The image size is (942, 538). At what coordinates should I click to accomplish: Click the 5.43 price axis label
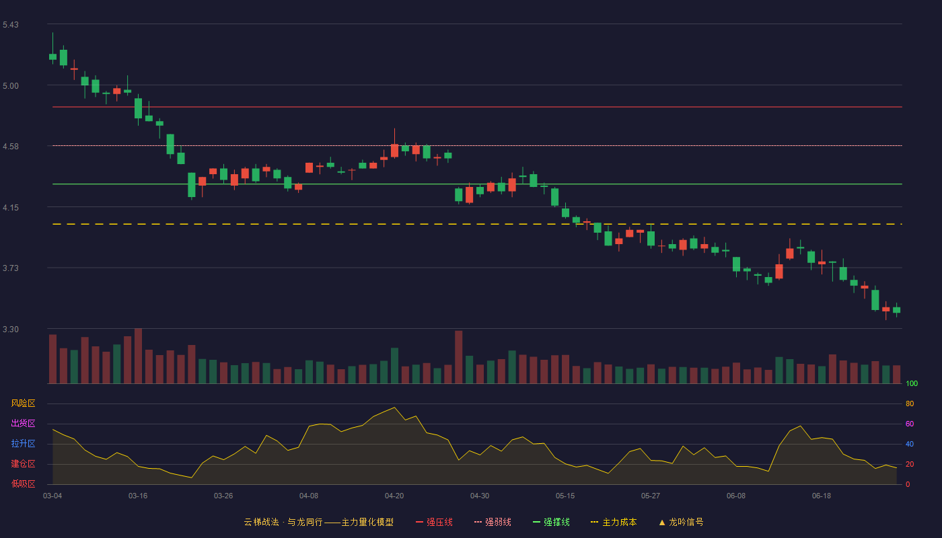(11, 25)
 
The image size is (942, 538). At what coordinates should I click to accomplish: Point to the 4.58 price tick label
(11, 147)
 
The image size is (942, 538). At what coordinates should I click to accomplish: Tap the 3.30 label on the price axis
(11, 330)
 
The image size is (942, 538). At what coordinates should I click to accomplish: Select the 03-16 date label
(138, 496)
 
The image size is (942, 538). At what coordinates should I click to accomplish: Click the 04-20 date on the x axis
(394, 496)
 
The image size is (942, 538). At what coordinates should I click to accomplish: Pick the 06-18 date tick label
(822, 496)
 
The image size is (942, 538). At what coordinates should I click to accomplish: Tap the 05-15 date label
(565, 496)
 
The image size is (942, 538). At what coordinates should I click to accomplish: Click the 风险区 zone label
(23, 403)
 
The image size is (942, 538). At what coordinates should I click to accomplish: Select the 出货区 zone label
(23, 423)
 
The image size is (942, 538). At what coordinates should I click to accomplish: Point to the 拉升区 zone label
(23, 443)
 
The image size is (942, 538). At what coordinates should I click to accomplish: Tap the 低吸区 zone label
(23, 484)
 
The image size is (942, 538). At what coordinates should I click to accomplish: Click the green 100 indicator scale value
(912, 383)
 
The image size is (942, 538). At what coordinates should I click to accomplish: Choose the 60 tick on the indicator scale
(910, 424)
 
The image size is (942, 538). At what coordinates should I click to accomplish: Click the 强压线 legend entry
(434, 522)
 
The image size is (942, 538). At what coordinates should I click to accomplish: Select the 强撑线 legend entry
(551, 522)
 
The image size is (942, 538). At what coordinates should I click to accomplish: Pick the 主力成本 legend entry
(614, 522)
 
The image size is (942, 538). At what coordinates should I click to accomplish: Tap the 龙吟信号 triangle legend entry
(681, 522)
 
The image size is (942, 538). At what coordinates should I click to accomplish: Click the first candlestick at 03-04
(52, 56)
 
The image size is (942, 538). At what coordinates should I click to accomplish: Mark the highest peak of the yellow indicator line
(394, 408)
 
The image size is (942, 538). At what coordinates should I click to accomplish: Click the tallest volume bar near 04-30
(458, 357)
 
